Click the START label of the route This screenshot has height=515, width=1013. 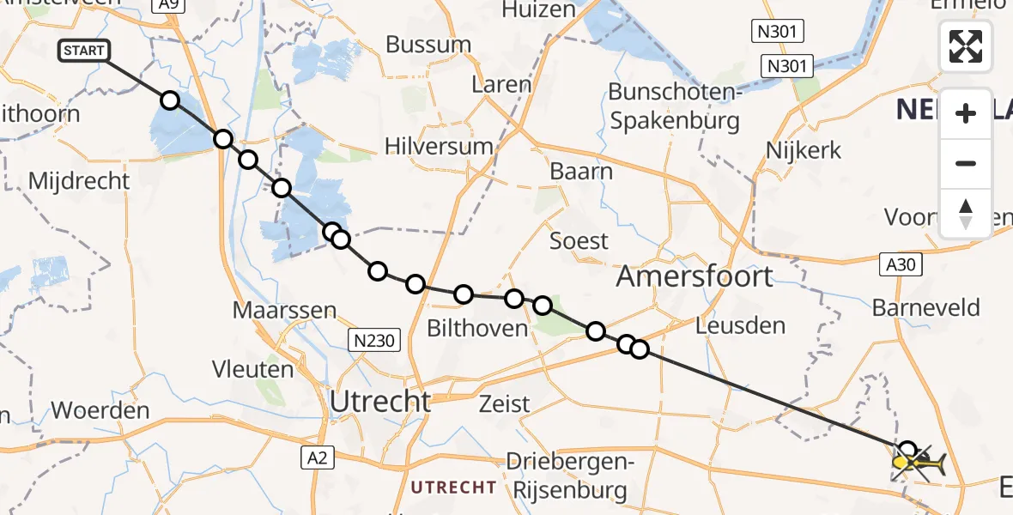click(83, 51)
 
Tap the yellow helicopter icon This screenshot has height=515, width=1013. click(919, 465)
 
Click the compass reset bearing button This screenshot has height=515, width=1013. click(966, 213)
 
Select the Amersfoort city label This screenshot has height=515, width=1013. click(695, 276)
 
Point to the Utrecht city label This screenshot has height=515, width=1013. click(380, 401)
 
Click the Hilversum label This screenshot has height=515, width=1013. click(439, 146)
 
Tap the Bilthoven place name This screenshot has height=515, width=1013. click(476, 329)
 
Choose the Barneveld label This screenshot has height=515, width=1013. click(925, 307)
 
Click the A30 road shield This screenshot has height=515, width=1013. click(901, 265)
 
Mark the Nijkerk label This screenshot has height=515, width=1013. click(804, 150)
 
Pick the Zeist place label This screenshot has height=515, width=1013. click(505, 403)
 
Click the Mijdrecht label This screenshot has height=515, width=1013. click(79, 181)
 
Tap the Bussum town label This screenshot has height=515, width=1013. click(428, 44)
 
